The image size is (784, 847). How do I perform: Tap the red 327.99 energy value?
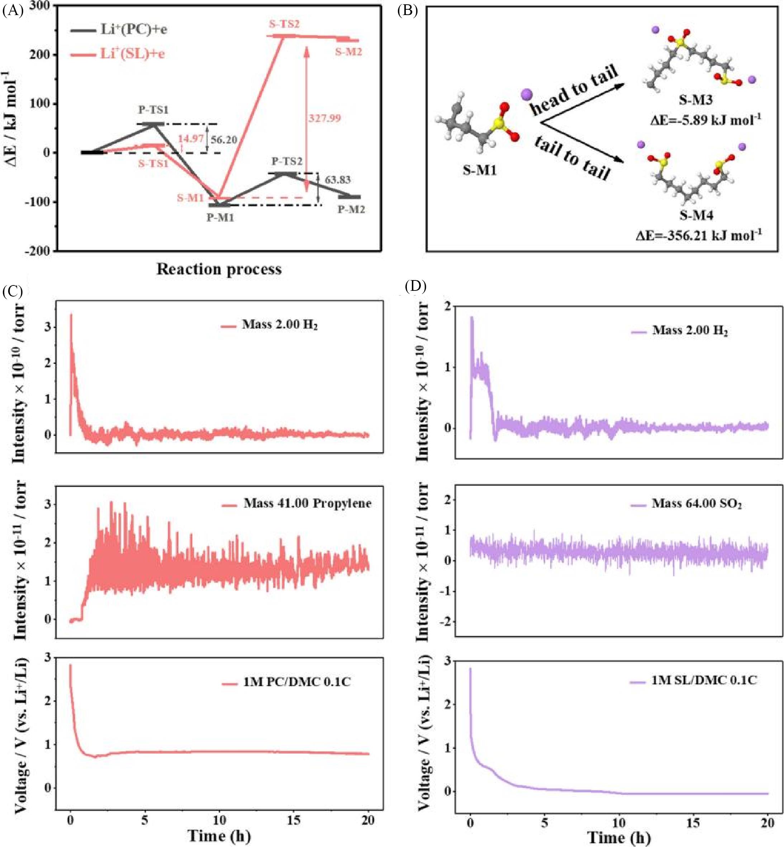click(x=324, y=118)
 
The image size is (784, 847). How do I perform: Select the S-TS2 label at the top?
click(x=284, y=24)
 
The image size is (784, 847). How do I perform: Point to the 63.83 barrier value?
click(x=338, y=180)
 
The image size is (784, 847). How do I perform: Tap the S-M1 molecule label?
click(x=479, y=171)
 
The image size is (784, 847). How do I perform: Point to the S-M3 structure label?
click(x=696, y=100)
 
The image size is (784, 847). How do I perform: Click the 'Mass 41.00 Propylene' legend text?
click(x=307, y=504)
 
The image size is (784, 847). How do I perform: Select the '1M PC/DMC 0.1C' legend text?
click(x=297, y=682)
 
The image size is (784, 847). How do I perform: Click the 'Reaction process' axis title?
click(x=219, y=269)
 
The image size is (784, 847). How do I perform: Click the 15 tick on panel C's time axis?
click(x=294, y=820)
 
